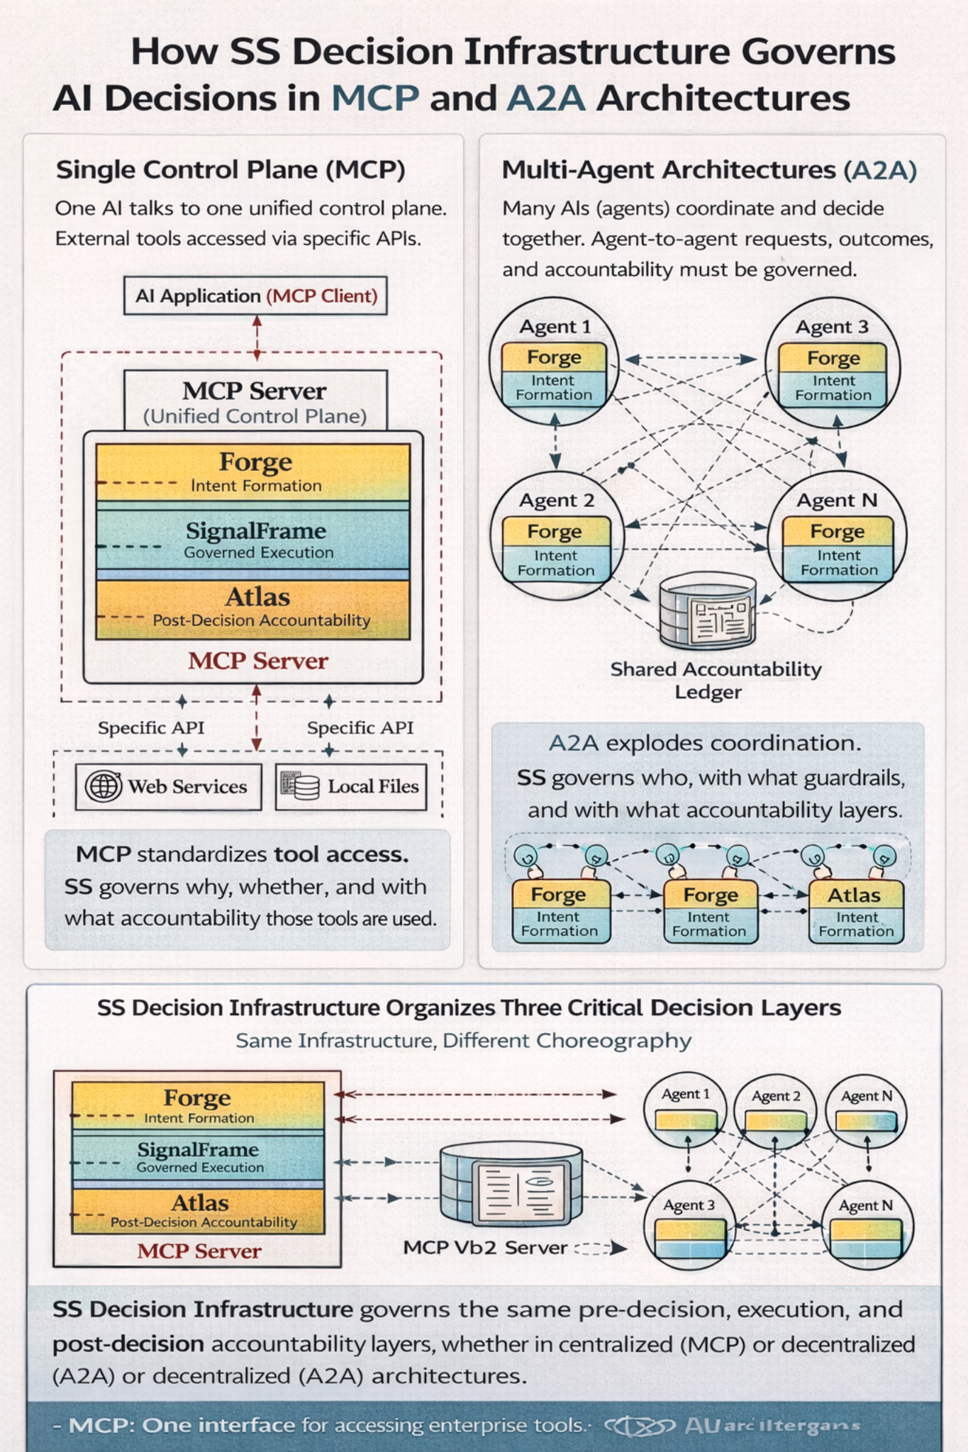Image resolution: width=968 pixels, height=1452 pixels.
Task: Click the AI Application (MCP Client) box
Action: click(255, 296)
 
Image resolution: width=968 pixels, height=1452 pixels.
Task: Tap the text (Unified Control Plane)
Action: click(255, 416)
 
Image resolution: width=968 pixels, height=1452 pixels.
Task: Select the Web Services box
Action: click(168, 786)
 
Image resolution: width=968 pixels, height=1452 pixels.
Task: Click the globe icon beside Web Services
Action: click(103, 786)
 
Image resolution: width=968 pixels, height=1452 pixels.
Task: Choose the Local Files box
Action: click(351, 786)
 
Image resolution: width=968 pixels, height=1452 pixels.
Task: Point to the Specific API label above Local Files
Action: click(360, 727)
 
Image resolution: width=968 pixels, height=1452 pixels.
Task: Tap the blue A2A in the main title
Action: click(546, 98)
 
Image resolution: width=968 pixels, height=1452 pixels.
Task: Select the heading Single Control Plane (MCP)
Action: click(230, 170)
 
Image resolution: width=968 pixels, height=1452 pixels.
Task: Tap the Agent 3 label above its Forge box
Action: click(832, 327)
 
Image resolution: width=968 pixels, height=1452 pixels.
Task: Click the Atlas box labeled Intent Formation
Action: click(856, 912)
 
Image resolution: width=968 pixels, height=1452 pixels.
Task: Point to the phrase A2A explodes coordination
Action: click(705, 743)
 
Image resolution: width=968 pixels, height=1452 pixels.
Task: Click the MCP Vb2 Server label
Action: click(485, 1247)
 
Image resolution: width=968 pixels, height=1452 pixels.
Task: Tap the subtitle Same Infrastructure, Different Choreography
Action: click(463, 1041)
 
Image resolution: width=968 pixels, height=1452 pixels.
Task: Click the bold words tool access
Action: click(341, 854)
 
